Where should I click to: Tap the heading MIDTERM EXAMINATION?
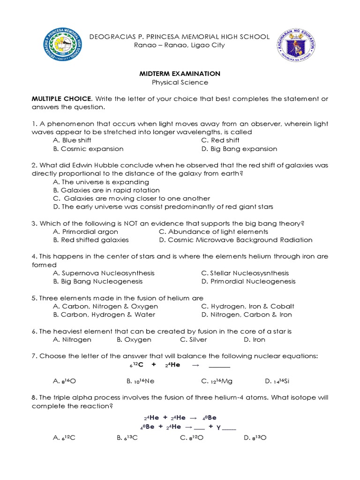click(180, 74)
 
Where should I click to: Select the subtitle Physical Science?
click(180, 82)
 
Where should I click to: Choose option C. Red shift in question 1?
click(220, 140)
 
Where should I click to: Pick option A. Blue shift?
click(72, 140)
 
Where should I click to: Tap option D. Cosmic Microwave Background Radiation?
click(236, 240)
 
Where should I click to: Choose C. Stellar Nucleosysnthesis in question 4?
click(245, 273)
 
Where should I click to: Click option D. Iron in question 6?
click(255, 339)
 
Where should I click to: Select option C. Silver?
click(194, 339)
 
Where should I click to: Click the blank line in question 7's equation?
click(219, 365)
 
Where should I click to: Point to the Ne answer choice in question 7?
click(141, 381)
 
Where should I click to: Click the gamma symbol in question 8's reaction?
click(218, 427)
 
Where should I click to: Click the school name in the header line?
click(180, 37)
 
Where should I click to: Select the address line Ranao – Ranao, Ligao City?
click(180, 45)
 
